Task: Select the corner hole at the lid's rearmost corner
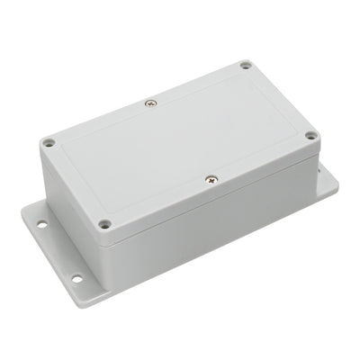click(x=246, y=66)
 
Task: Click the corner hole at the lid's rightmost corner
click(x=310, y=136)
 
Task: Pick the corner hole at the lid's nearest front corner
click(x=105, y=223)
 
